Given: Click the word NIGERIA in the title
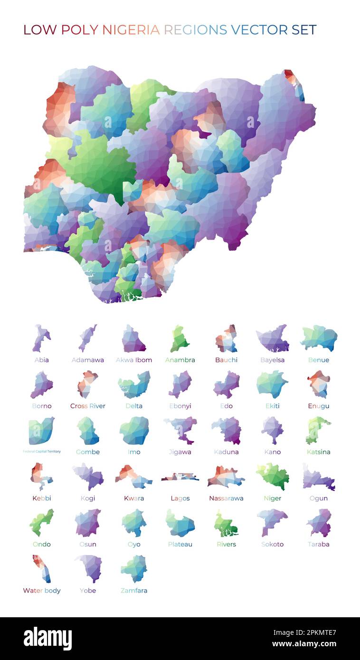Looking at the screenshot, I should click(131, 30).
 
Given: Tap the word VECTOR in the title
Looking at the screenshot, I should click(259, 30).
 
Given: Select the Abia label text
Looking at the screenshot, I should click(42, 360).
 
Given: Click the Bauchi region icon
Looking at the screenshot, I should click(227, 339).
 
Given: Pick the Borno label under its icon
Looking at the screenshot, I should click(42, 406).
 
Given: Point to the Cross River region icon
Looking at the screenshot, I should click(87, 384).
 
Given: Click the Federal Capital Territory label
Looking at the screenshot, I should click(42, 452).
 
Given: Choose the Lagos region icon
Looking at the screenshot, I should click(180, 477).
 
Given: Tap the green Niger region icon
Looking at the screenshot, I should click(273, 476).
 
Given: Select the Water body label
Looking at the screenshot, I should click(42, 591).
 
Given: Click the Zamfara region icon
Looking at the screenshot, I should click(134, 568).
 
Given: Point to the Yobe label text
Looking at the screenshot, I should click(88, 591).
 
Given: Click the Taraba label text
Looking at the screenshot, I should click(319, 544).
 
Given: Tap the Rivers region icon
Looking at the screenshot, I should click(226, 523).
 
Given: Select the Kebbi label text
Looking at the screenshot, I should click(42, 498).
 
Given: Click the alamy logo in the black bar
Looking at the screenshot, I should click(47, 639).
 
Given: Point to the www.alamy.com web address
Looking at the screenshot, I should click(304, 644).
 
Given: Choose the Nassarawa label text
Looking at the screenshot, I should click(226, 498).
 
